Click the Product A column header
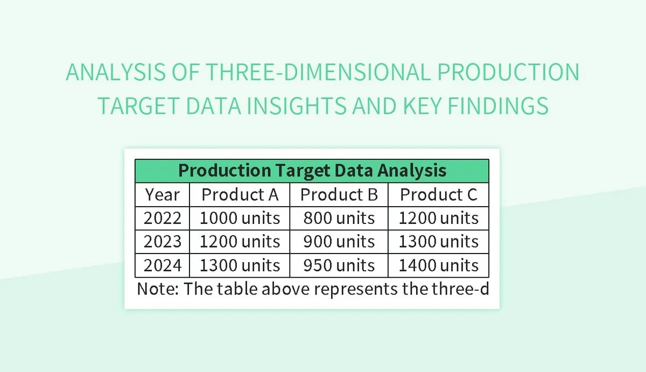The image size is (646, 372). click(x=240, y=194)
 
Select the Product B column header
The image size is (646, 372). click(x=339, y=194)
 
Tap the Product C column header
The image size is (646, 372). click(x=438, y=194)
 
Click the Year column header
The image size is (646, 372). click(x=162, y=194)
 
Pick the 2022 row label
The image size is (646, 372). click(x=162, y=218)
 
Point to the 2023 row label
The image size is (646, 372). click(x=162, y=242)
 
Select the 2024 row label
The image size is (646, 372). click(x=162, y=265)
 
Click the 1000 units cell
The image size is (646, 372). click(x=240, y=218)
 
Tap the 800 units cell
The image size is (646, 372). click(x=339, y=218)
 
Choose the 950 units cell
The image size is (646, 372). click(x=339, y=265)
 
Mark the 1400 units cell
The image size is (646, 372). click(x=438, y=265)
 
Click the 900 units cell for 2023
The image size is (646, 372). click(x=339, y=242)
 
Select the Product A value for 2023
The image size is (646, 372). click(x=240, y=242)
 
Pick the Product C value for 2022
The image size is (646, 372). click(x=438, y=218)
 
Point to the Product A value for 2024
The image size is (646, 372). click(x=240, y=265)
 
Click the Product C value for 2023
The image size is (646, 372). click(x=438, y=242)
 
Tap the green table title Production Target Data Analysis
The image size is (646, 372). click(x=312, y=171)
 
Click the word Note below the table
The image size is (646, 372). click(x=157, y=289)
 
